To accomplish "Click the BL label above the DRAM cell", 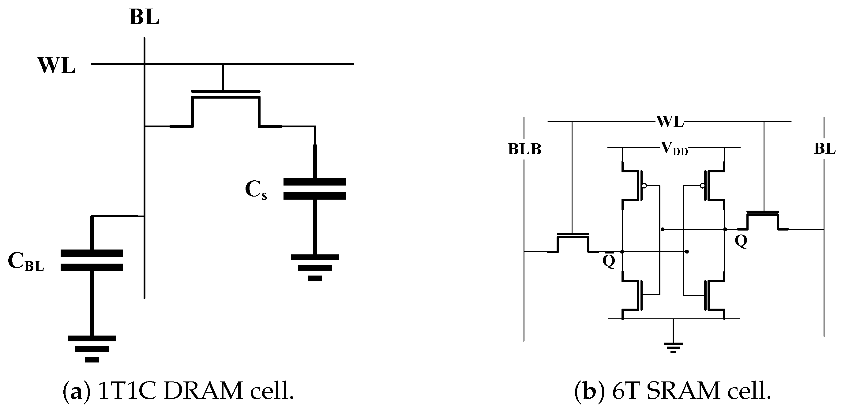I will [x=144, y=17].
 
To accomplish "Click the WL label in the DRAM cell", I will [x=57, y=66].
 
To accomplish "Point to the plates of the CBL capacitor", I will [x=92, y=261].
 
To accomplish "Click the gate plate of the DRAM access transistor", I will [x=226, y=92].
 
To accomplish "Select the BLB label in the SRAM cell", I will [x=524, y=150].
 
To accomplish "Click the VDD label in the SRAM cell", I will [x=674, y=148].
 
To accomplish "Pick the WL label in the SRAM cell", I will [x=670, y=122].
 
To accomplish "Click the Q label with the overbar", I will [x=609, y=261].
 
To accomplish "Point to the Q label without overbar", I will [x=741, y=241].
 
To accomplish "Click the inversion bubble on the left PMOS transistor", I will [x=644, y=186].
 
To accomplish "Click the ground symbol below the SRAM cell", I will [x=673, y=347].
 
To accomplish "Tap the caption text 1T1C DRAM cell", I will [x=178, y=391].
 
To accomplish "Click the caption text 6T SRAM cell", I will [x=672, y=391].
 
